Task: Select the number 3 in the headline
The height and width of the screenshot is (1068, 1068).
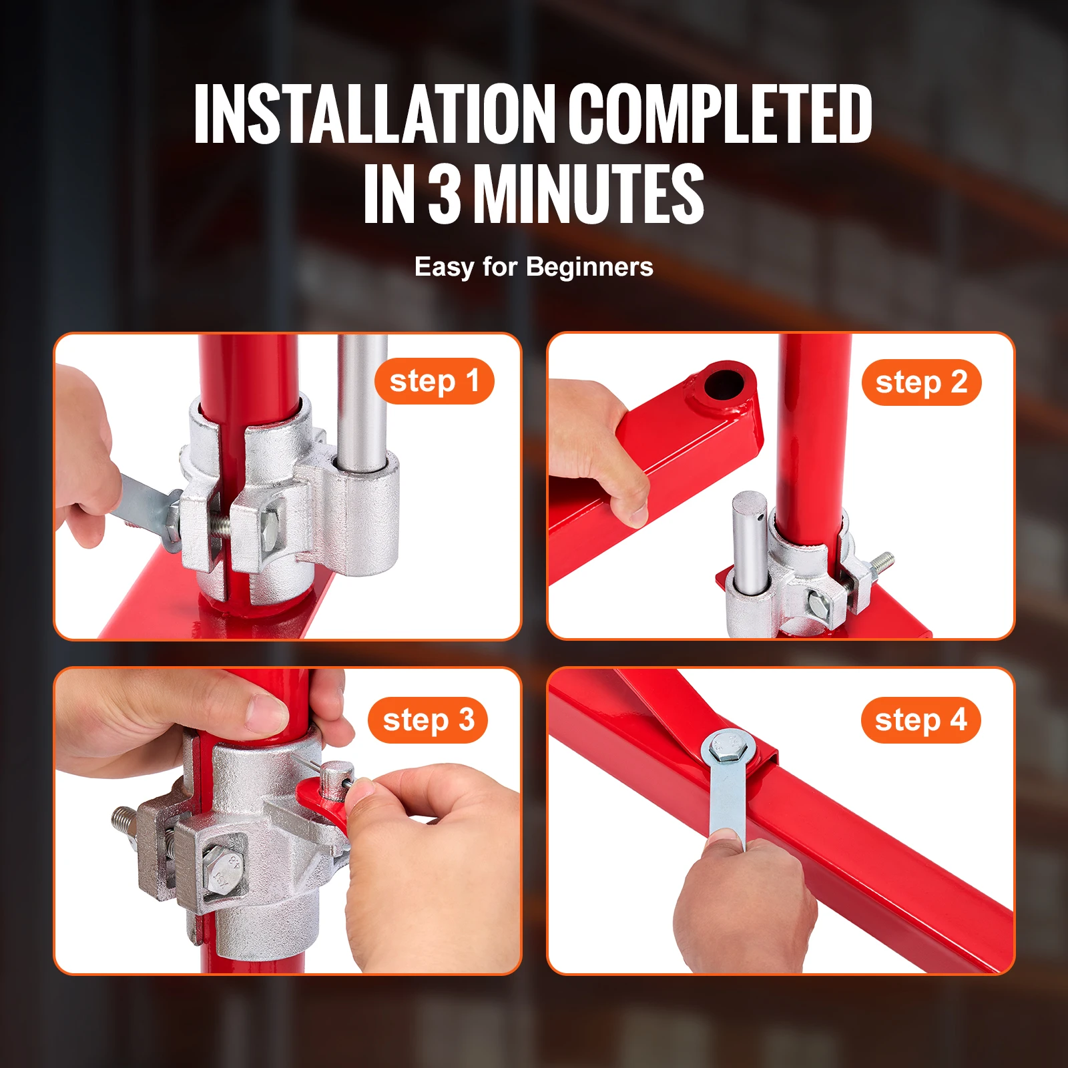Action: tap(445, 195)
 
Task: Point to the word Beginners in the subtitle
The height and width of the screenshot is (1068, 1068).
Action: tap(589, 267)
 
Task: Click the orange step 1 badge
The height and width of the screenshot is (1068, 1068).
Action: tap(434, 382)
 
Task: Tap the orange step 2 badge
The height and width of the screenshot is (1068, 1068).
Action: tap(921, 382)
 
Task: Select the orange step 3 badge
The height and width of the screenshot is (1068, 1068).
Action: tap(428, 720)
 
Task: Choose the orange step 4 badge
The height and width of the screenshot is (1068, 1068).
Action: tap(920, 720)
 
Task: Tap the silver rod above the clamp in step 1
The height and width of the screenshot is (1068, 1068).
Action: tap(361, 400)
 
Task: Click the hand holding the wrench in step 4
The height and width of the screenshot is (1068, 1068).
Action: tap(741, 908)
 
